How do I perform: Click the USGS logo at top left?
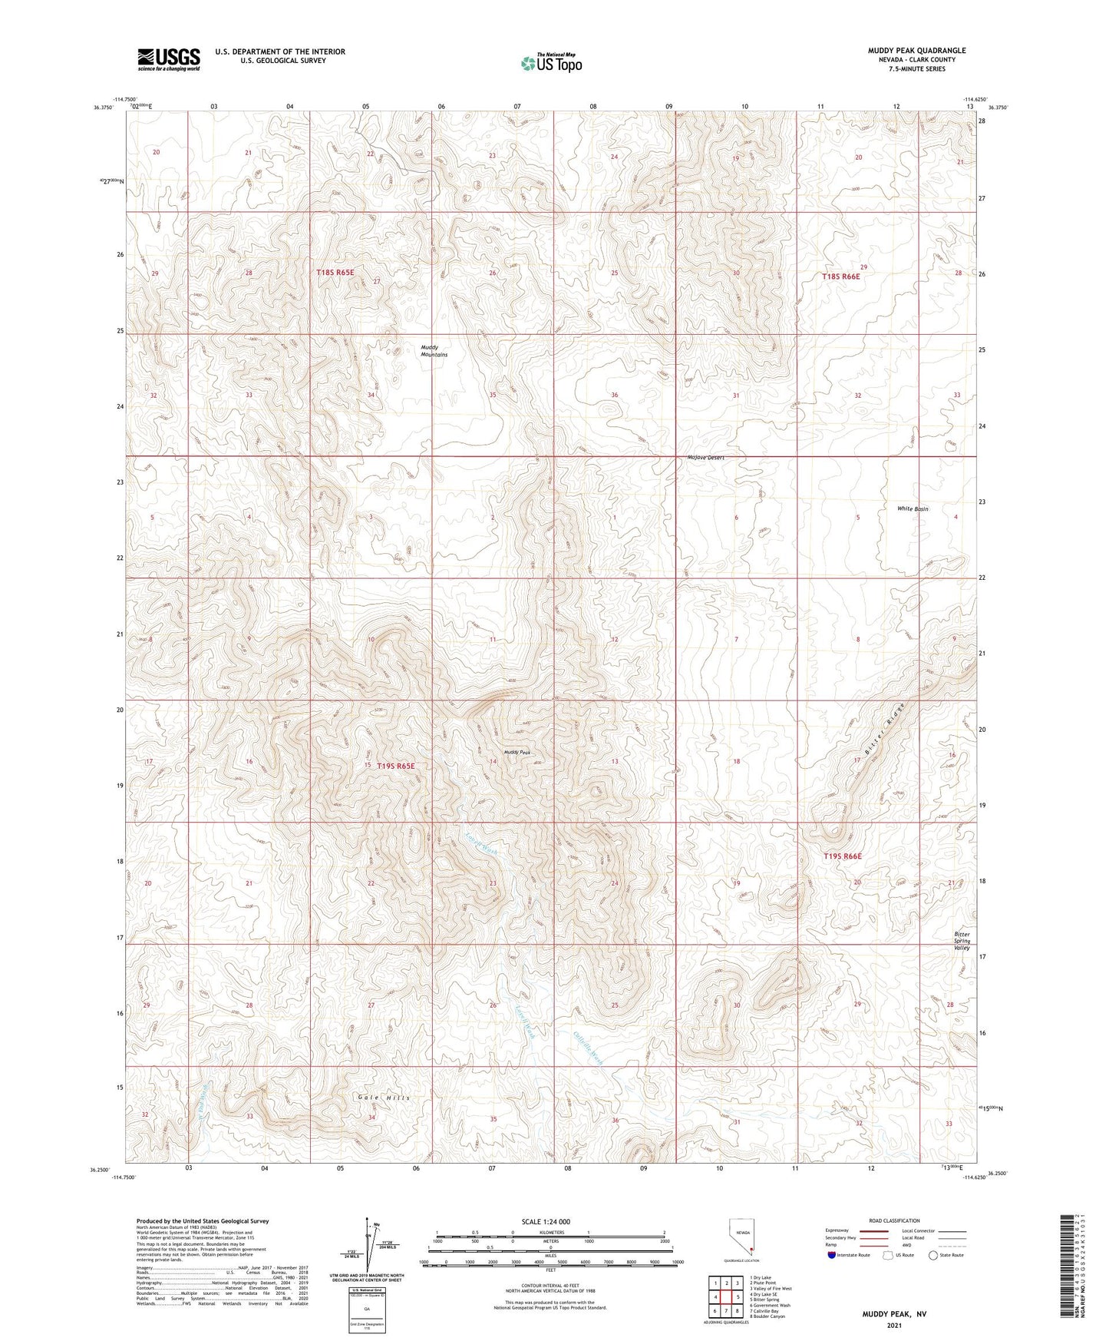(169, 59)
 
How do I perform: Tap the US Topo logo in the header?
(550, 63)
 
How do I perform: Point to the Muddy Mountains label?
(434, 351)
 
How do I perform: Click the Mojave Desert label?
(705, 458)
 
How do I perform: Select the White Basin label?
(913, 509)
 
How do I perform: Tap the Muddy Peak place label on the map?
(517, 753)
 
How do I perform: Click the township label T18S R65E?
(335, 273)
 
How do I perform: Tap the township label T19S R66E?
(843, 856)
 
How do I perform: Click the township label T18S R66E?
(840, 276)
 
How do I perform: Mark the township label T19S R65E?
(395, 766)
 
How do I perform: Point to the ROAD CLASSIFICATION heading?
(894, 1220)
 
